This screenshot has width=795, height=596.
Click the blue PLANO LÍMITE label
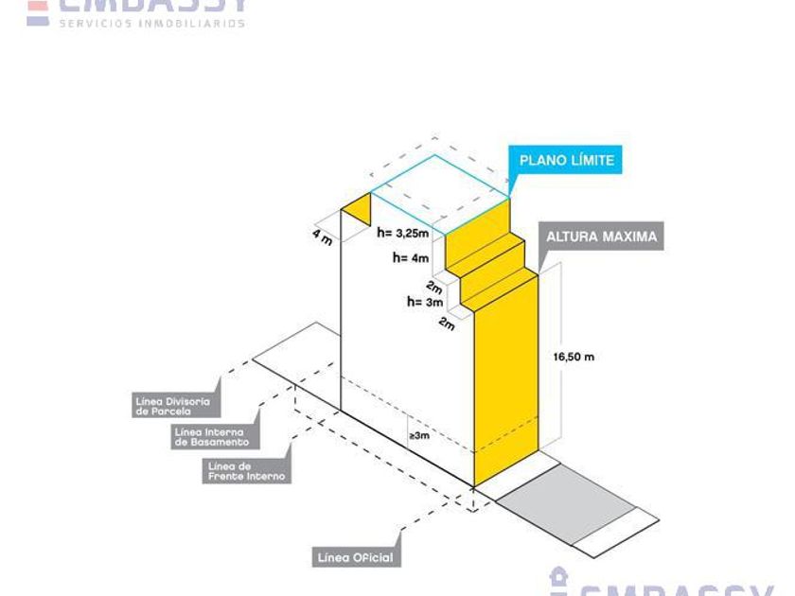pos(566,160)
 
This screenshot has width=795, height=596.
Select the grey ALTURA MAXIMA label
pos(600,237)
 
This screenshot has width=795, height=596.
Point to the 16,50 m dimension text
pos(574,357)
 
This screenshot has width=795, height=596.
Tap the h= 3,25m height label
pos(403,232)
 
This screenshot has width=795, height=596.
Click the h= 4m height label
pos(411,256)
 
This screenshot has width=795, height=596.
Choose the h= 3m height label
pos(425,302)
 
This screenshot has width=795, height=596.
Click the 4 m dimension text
pos(323,236)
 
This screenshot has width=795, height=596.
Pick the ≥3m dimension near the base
pos(419,436)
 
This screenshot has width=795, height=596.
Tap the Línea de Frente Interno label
pos(246,471)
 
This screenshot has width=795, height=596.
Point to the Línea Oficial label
pos(354,558)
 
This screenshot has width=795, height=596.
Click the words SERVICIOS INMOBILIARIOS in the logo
pos(151,23)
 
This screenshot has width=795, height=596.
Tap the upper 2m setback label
pos(435,287)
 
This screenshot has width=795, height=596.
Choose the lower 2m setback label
pos(447,324)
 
